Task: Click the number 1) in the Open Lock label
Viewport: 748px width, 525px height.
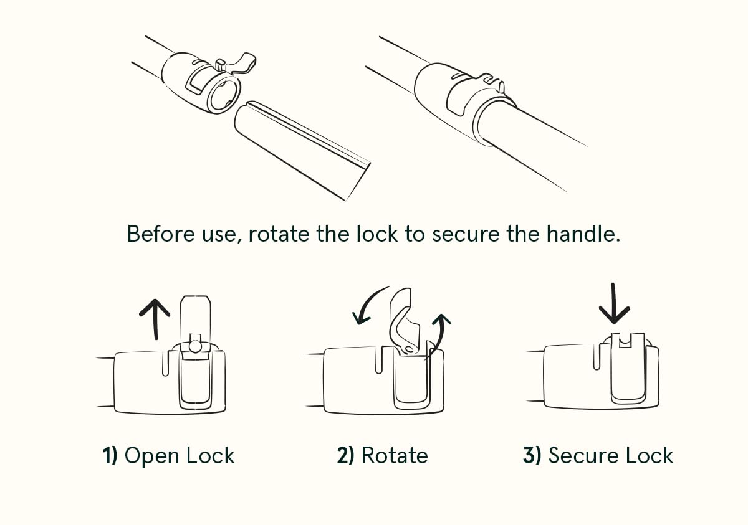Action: click(110, 455)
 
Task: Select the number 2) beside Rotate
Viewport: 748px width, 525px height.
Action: click(345, 455)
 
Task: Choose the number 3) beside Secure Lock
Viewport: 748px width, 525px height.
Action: click(532, 455)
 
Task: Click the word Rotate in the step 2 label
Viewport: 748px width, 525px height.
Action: click(395, 455)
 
